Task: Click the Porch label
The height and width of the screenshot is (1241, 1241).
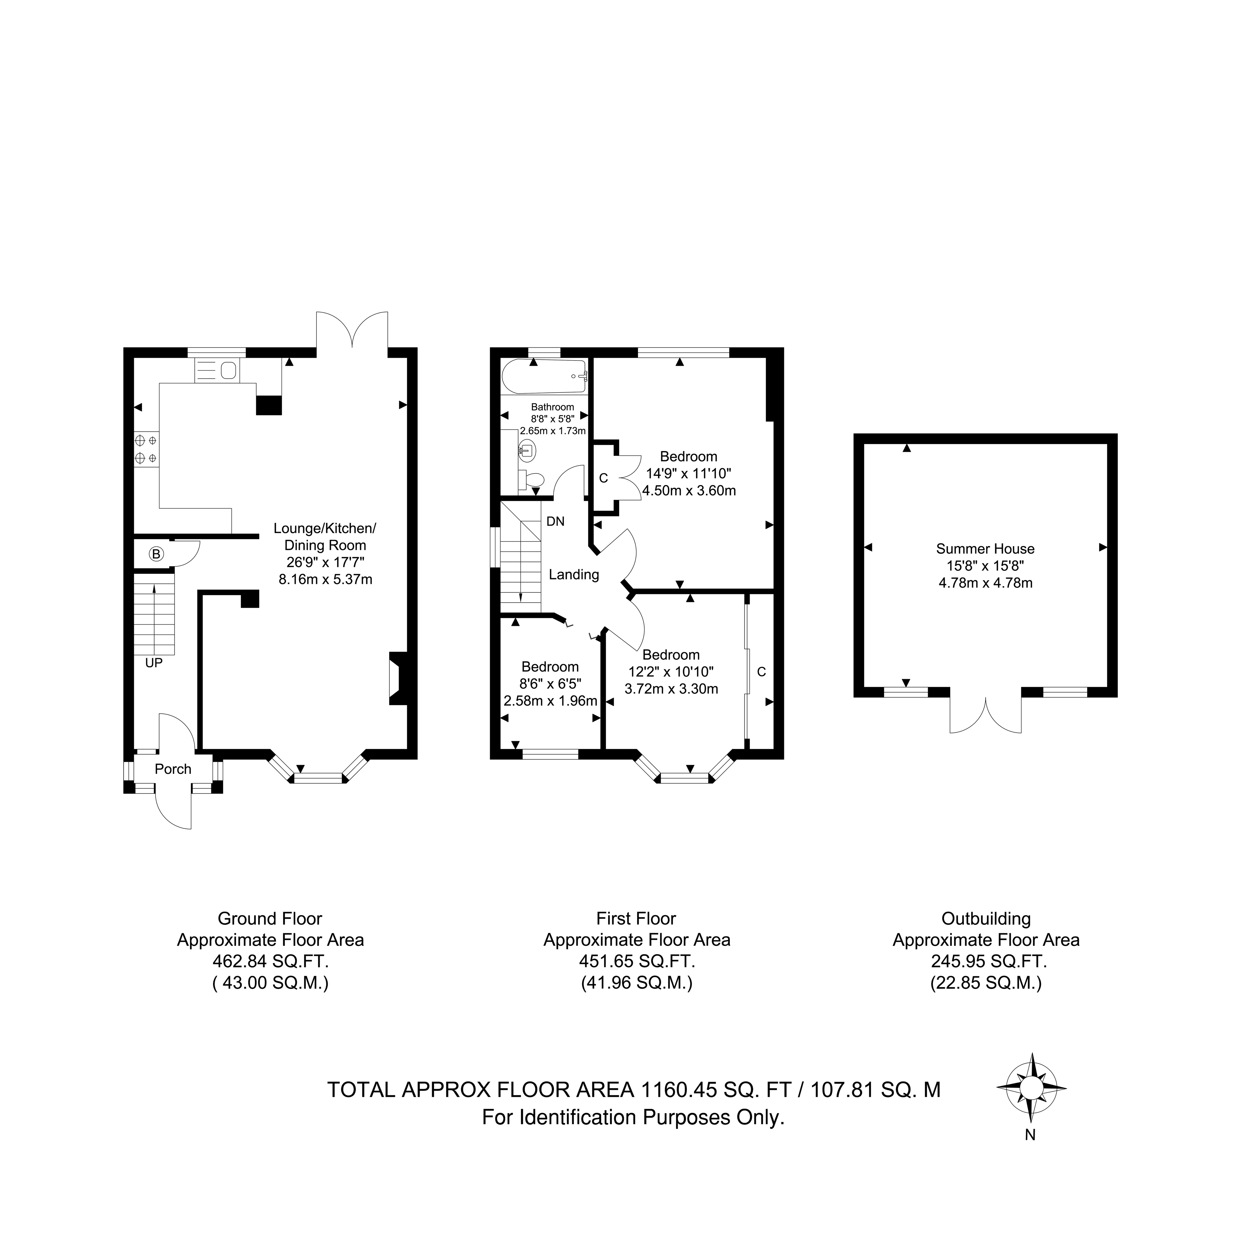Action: click(x=173, y=769)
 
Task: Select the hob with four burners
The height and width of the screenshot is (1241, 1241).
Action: click(x=146, y=449)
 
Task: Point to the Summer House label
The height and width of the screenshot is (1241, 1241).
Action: click(x=985, y=549)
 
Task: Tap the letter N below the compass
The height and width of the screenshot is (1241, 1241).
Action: click(x=1030, y=1135)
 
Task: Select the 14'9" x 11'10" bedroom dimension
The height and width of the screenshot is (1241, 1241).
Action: click(x=689, y=473)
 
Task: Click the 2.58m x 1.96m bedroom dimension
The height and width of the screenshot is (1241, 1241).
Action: click(x=551, y=701)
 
